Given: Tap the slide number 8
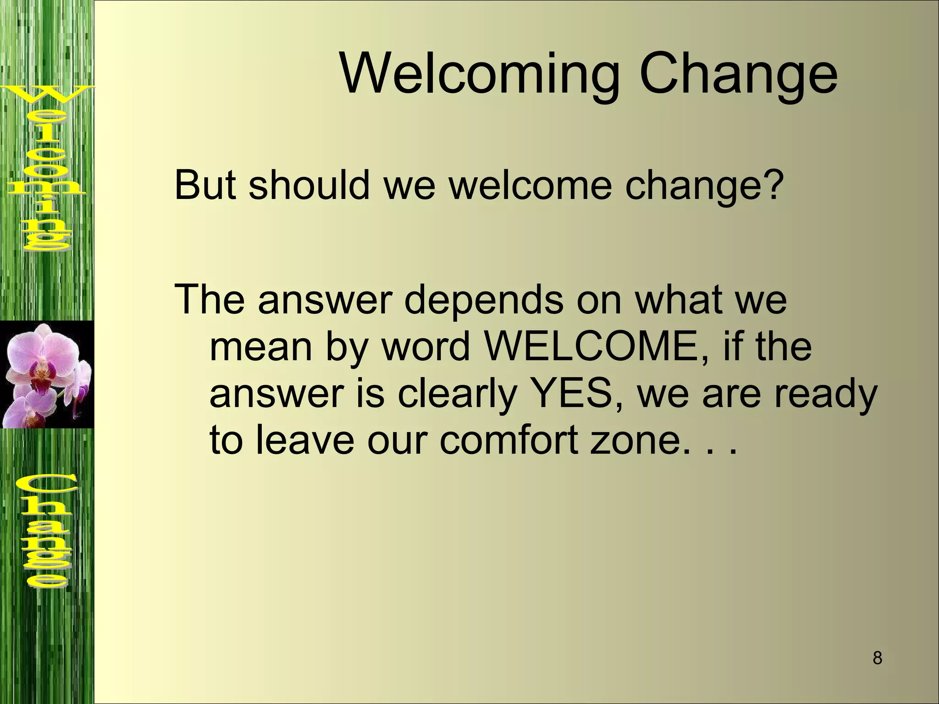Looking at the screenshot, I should (877, 658).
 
